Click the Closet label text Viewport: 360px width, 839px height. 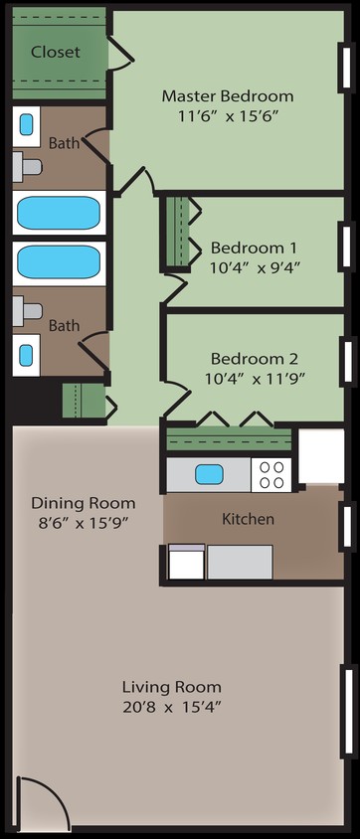(x=55, y=52)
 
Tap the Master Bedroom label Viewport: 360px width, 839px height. (x=228, y=96)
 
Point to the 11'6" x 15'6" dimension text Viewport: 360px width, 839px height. (x=228, y=115)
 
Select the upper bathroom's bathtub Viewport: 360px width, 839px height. (x=59, y=213)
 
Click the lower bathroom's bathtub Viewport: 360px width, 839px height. (x=59, y=262)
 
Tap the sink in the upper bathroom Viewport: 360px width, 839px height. (x=27, y=125)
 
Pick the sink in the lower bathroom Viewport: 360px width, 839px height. (x=27, y=353)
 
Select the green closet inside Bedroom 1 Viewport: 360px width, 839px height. (x=180, y=233)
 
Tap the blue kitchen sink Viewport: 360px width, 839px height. (x=208, y=473)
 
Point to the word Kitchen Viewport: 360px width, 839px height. (x=247, y=519)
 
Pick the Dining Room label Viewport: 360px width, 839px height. (x=84, y=503)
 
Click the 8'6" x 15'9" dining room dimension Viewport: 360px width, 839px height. (x=84, y=522)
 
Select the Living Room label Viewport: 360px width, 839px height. (x=171, y=687)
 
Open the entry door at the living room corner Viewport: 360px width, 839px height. (x=42, y=803)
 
